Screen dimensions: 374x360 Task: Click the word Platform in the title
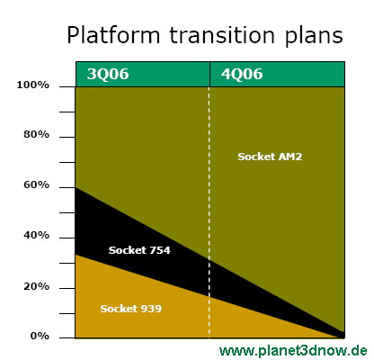(113, 35)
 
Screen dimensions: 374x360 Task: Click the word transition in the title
(222, 35)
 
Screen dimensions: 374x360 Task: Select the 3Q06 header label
(108, 74)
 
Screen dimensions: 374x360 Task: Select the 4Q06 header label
(242, 74)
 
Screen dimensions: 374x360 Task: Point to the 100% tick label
(32, 85)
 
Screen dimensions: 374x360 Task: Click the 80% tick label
(36, 134)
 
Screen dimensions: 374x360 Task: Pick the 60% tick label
(36, 184)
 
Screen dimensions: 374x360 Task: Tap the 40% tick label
(36, 235)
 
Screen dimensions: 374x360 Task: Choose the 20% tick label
(36, 286)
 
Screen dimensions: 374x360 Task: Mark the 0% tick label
(40, 336)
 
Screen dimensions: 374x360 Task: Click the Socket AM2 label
(270, 157)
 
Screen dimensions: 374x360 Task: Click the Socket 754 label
(139, 250)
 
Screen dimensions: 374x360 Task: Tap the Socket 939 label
(131, 309)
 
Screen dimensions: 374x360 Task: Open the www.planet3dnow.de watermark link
(293, 350)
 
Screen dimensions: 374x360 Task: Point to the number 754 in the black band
(160, 250)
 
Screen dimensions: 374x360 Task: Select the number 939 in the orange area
(152, 309)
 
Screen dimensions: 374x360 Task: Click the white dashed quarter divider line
(209, 212)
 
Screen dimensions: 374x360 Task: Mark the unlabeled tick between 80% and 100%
(67, 112)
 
